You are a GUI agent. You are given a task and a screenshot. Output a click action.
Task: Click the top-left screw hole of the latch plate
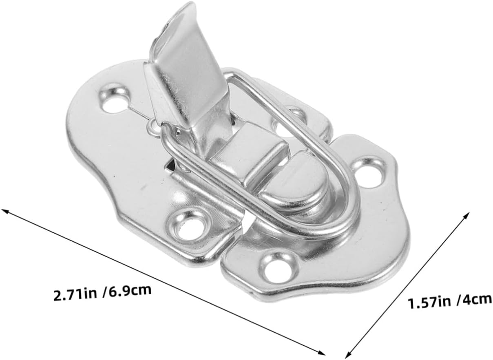click(115, 99)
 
